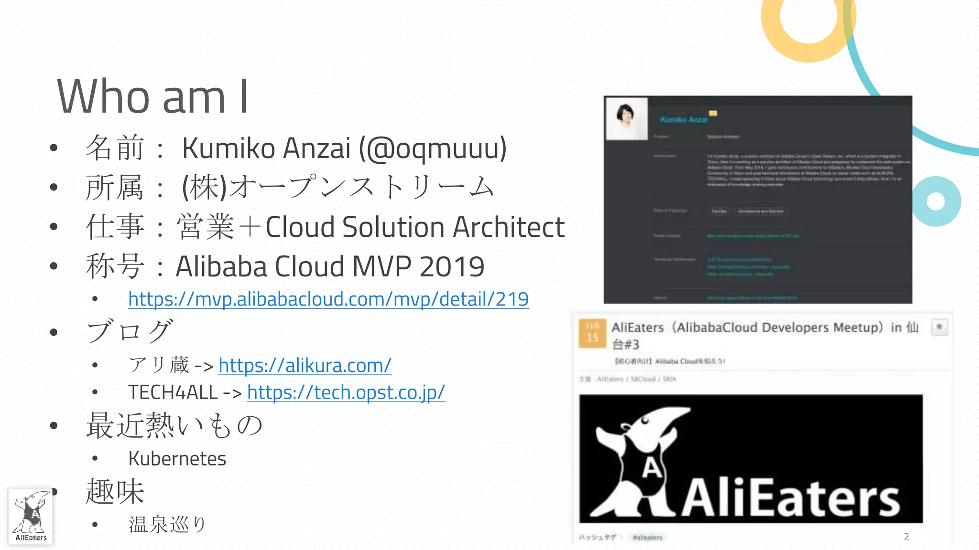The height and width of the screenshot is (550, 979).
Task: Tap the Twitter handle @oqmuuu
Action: [x=433, y=148]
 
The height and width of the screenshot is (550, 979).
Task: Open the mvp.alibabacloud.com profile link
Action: [x=328, y=299]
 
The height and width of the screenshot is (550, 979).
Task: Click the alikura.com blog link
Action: [x=305, y=366]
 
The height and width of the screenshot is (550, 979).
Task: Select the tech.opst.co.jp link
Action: [x=346, y=392]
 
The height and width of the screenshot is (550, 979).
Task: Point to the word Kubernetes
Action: [x=177, y=459]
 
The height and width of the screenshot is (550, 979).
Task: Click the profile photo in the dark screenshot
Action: [x=626, y=119]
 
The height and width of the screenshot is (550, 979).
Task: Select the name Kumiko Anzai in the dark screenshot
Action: [x=684, y=120]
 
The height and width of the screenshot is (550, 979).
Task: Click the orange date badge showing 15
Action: [x=592, y=333]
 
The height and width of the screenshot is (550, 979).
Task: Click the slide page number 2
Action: [x=906, y=537]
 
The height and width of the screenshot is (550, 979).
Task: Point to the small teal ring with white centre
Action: [x=936, y=201]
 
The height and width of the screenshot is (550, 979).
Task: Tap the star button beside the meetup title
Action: [x=939, y=328]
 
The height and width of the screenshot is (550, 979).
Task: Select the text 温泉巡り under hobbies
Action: [x=167, y=524]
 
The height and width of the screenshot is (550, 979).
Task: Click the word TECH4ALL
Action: [x=173, y=392]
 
